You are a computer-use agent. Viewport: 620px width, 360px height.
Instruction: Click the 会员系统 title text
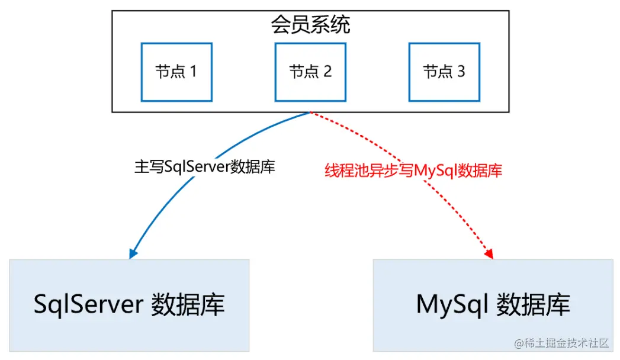click(x=310, y=25)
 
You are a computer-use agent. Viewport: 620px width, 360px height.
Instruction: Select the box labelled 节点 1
click(x=176, y=72)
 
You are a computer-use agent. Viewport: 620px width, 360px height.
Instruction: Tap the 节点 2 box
click(x=310, y=72)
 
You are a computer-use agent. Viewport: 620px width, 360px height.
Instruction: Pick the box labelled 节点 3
click(x=444, y=72)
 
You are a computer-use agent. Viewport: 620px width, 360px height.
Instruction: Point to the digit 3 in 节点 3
click(x=461, y=72)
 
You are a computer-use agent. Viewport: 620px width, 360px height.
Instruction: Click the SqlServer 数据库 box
click(x=129, y=305)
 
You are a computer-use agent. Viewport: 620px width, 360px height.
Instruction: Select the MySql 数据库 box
click(x=493, y=305)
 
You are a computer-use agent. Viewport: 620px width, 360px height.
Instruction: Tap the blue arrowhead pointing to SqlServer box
click(x=133, y=253)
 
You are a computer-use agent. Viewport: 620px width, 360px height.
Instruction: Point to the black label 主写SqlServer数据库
click(x=204, y=167)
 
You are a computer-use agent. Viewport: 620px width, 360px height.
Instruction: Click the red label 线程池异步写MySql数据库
click(x=413, y=171)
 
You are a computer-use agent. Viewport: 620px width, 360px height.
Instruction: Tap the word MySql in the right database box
click(x=452, y=305)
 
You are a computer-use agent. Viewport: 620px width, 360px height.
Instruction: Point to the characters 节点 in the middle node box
click(x=304, y=72)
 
